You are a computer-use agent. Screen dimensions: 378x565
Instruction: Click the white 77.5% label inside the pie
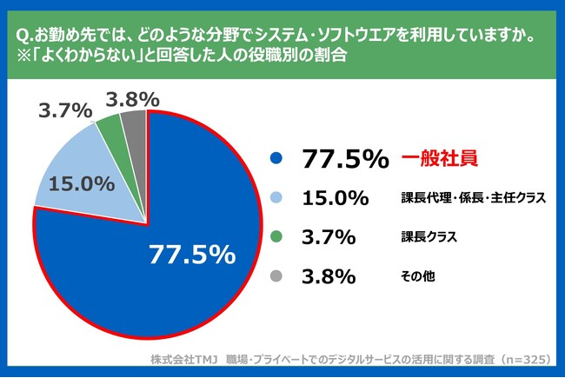click(192, 254)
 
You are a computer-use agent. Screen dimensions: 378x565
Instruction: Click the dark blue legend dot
click(277, 159)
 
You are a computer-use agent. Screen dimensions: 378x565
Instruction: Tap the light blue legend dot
click(277, 198)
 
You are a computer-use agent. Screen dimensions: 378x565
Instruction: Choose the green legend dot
click(277, 237)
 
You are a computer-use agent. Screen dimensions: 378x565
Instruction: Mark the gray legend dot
click(277, 276)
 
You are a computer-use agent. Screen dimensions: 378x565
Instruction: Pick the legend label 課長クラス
click(429, 237)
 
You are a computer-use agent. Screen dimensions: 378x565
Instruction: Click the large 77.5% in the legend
click(344, 159)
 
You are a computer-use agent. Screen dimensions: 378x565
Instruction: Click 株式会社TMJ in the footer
click(183, 359)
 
